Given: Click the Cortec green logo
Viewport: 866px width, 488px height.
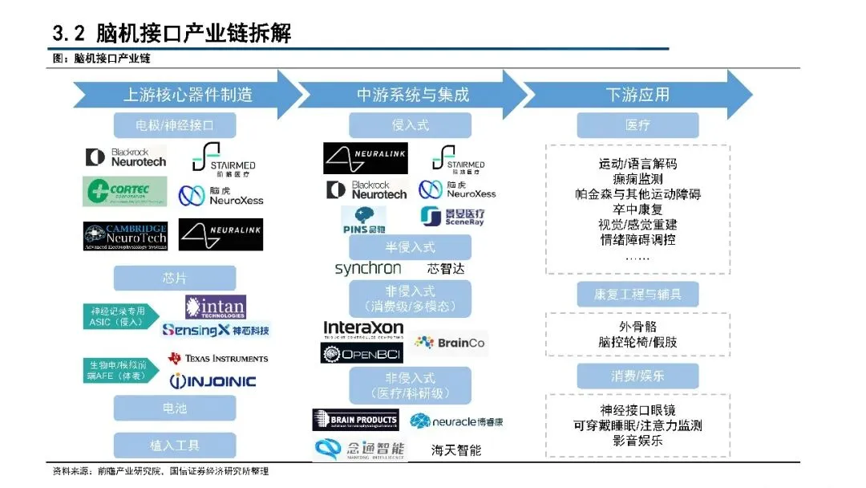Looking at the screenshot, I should pyautogui.click(x=125, y=191).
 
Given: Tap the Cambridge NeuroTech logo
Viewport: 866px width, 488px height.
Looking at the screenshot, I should pyautogui.click(x=125, y=235).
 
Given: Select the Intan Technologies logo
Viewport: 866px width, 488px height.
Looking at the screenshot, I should pyautogui.click(x=215, y=307).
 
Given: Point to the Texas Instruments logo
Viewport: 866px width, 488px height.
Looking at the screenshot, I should pyautogui.click(x=218, y=358).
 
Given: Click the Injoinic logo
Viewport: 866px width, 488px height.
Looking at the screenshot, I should pyautogui.click(x=212, y=380).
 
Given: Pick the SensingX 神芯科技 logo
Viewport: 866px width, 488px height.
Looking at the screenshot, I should pyautogui.click(x=216, y=330).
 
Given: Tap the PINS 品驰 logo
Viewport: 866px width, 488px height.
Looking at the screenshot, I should pyautogui.click(x=363, y=219).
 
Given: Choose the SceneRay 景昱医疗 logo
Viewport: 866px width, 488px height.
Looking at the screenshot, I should pyautogui.click(x=452, y=217).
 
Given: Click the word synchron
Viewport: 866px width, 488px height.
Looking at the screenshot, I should pyautogui.click(x=368, y=269).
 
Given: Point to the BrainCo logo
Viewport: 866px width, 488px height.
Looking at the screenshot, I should pyautogui.click(x=450, y=343).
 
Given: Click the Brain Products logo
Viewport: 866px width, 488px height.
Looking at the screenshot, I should pyautogui.click(x=355, y=420).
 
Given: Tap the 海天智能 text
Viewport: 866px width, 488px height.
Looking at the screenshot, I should pyautogui.click(x=456, y=449).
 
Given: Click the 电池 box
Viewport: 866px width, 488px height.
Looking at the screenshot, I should pyautogui.click(x=175, y=408).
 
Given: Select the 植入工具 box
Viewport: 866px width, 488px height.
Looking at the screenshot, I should pyautogui.click(x=175, y=445).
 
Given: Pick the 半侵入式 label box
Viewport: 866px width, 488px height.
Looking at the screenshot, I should pyautogui.click(x=410, y=246).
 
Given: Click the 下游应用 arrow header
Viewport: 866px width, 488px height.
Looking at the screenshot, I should pyautogui.click(x=638, y=95).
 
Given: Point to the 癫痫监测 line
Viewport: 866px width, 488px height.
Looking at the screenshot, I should pyautogui.click(x=637, y=179).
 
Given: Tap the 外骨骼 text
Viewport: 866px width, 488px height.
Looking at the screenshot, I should pyautogui.click(x=637, y=327).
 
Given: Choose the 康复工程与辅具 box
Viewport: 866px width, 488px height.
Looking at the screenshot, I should pyautogui.click(x=637, y=295).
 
